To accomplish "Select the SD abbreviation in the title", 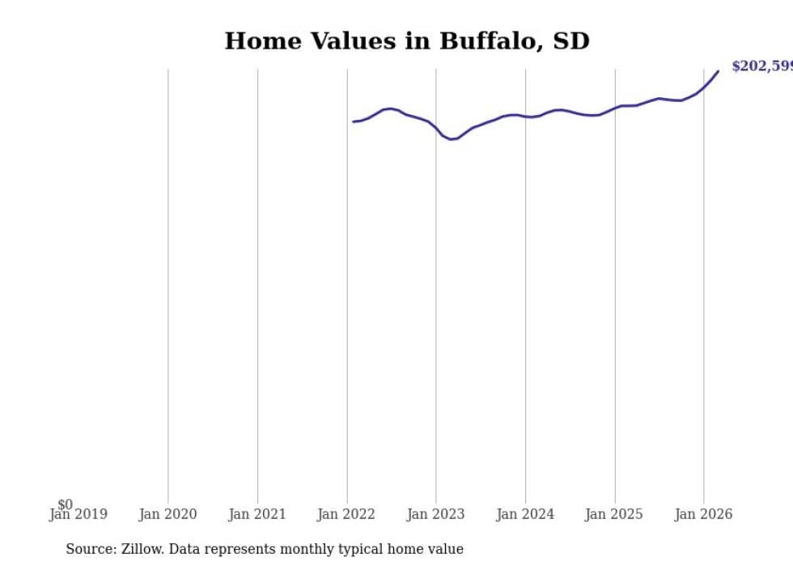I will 570,41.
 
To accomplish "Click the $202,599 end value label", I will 761,66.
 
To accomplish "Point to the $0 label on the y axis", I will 65,504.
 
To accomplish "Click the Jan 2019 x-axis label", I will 78,514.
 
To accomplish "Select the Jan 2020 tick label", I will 168,514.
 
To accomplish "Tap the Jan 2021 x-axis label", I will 257,514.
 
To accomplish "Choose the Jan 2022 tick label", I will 347,514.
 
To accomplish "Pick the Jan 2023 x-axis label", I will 436,514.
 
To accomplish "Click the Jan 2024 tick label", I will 525,514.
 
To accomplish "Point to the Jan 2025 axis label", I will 614,514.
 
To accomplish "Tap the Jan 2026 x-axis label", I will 704,514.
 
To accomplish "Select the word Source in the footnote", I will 90,549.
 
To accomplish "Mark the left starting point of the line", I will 354,121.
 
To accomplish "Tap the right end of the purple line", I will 718,71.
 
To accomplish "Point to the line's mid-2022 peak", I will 391,109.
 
